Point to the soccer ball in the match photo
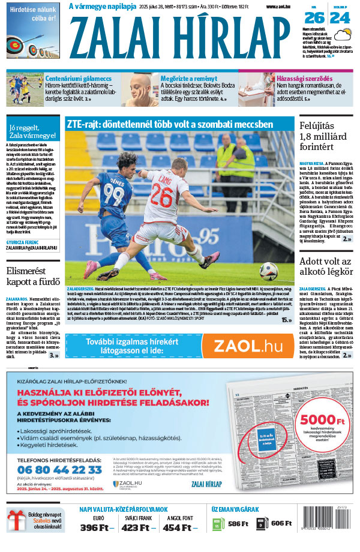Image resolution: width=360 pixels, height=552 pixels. click(x=268, y=271)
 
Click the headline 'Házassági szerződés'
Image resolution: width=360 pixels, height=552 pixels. click(x=304, y=78)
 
